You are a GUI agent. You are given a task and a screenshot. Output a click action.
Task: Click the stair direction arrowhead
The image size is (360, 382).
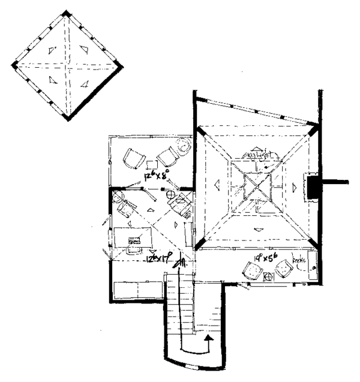point(208,341)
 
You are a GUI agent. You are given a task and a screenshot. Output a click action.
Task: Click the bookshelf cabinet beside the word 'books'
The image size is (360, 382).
point(311,267)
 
